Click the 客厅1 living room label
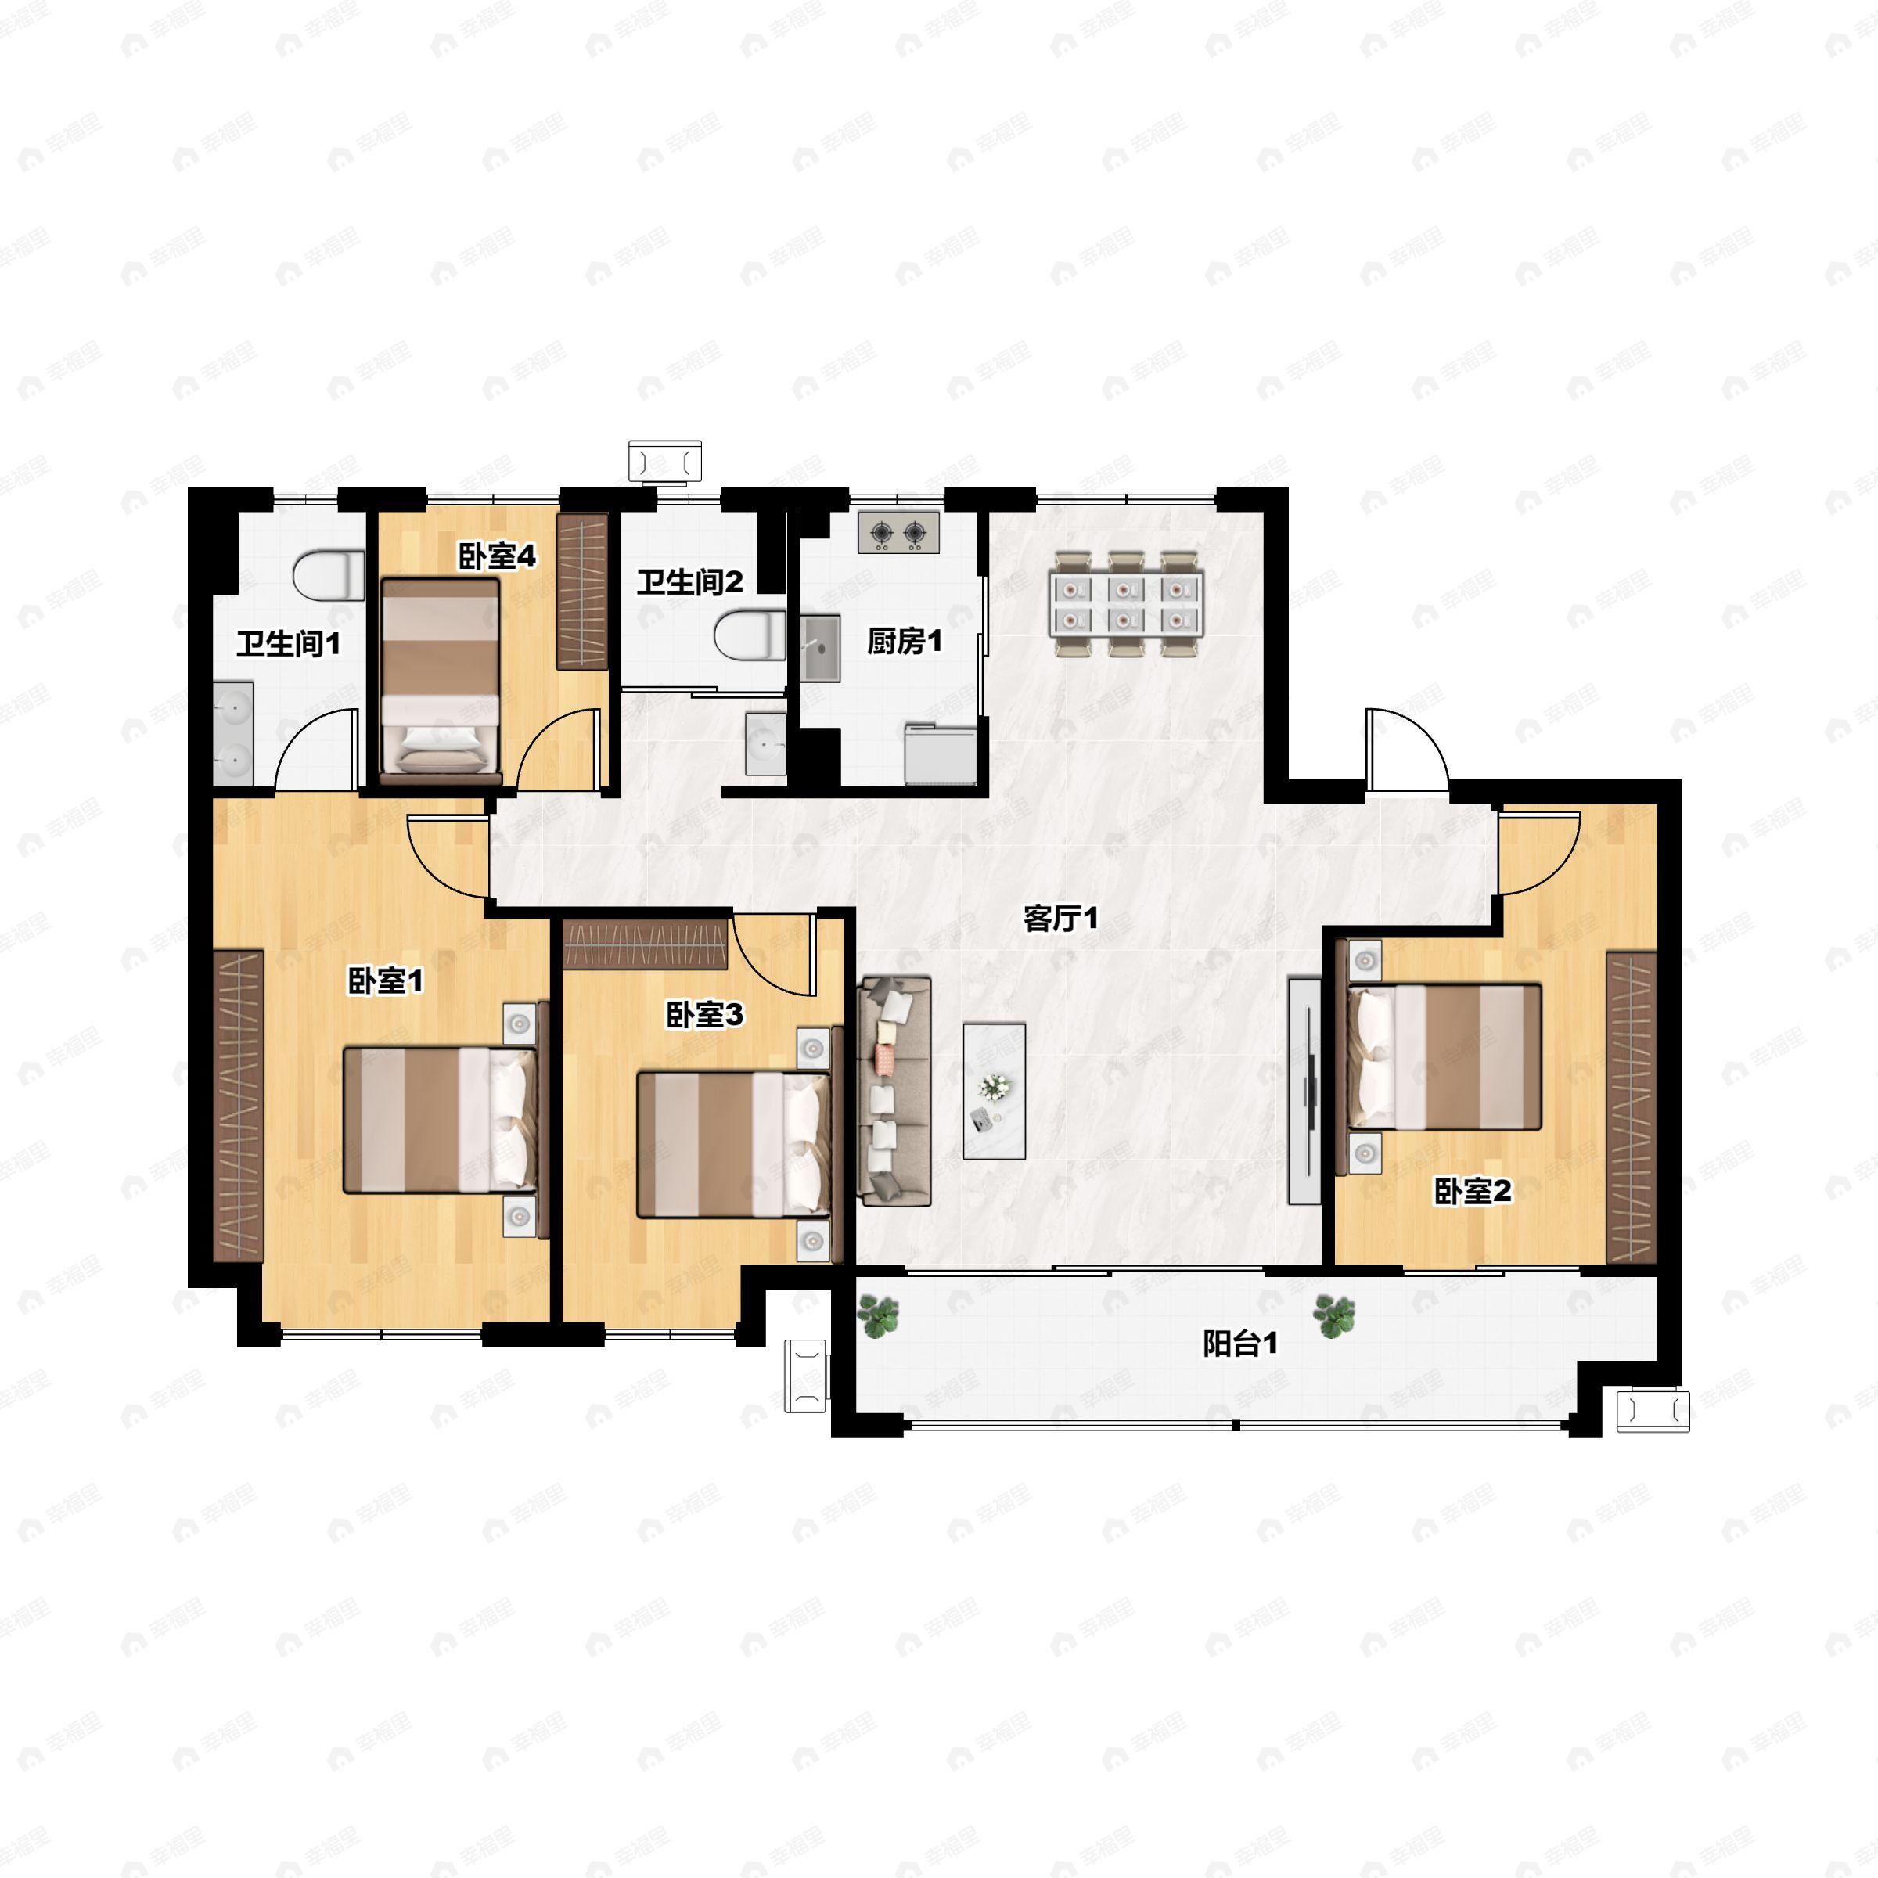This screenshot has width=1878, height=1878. (1060, 918)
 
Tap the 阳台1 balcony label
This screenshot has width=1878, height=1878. (1240, 1344)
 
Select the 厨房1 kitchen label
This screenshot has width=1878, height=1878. (904, 642)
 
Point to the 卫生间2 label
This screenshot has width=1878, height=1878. (690, 582)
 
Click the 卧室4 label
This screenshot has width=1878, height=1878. (497, 556)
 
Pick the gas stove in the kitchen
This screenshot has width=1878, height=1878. (898, 533)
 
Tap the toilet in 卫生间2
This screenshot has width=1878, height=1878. (750, 635)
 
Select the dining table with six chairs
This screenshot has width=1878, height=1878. (1126, 605)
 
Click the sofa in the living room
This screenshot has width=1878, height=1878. (894, 1091)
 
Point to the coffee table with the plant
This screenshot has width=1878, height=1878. (995, 1091)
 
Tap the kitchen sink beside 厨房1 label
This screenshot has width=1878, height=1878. (820, 647)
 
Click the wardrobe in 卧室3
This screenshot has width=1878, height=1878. (646, 944)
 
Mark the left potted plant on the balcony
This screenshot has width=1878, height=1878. (879, 1318)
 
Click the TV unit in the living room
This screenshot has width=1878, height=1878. (1304, 1091)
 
